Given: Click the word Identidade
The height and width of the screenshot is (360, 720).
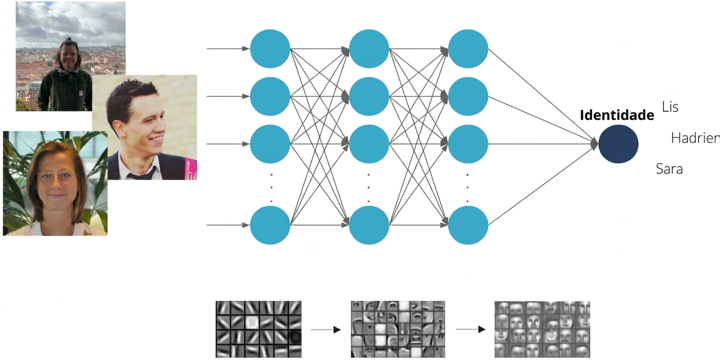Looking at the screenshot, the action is [x=617, y=115].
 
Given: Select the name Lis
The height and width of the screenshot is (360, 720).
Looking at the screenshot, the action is [x=670, y=107].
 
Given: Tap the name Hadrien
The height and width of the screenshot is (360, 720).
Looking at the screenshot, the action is [x=696, y=138].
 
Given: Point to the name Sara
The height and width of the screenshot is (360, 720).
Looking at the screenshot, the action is [x=669, y=169].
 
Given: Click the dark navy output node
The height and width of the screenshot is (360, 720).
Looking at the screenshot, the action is [x=618, y=144].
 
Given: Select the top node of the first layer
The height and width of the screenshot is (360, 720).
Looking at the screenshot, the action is [x=270, y=48].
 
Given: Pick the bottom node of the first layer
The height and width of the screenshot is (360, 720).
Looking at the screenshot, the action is [x=270, y=225].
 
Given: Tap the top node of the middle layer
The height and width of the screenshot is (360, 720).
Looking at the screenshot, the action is [x=369, y=48].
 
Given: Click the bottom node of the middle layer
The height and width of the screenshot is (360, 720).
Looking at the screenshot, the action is [x=369, y=225].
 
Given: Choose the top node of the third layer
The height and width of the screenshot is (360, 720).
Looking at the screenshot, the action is [x=468, y=48].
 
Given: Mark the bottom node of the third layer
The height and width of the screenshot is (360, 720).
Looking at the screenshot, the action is [x=468, y=225].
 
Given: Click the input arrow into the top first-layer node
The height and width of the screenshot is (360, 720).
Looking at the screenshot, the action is [x=228, y=48].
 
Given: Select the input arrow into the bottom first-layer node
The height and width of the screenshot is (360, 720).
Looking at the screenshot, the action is [x=228, y=225].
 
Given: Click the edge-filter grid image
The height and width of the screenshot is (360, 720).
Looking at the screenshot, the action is [x=258, y=329].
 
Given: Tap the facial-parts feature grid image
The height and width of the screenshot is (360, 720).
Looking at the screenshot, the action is [x=398, y=329].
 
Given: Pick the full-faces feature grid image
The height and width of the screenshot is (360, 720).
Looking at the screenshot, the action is [x=542, y=329].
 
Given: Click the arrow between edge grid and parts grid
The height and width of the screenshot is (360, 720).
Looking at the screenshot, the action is [x=326, y=329].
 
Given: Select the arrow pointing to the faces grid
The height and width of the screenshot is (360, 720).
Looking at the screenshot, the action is [x=471, y=329].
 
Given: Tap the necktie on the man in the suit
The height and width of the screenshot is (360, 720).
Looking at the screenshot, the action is [x=141, y=173].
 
